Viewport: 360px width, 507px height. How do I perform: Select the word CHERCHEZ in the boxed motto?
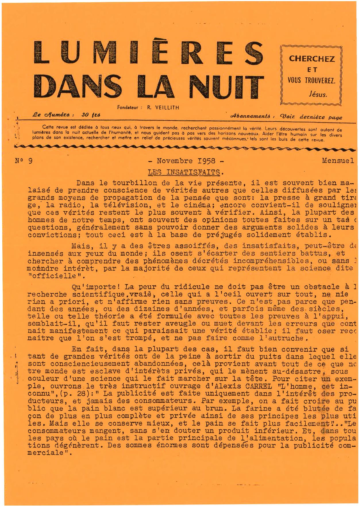[x=312, y=59]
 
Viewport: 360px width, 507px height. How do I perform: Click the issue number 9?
[x=30, y=161]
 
